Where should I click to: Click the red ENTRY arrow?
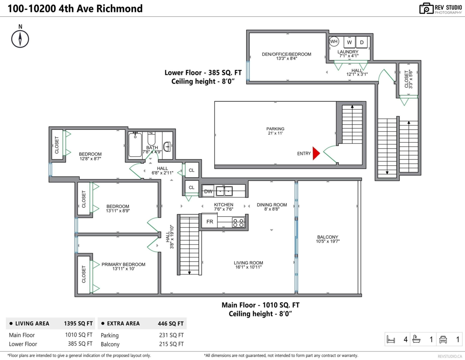[316, 153]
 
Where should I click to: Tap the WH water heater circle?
[334, 41]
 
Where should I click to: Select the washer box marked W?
[350, 42]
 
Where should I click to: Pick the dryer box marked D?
[362, 42]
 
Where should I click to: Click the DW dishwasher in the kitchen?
[208, 191]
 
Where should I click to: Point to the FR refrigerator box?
[210, 221]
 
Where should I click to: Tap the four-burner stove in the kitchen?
[238, 222]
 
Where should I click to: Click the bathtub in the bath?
[135, 145]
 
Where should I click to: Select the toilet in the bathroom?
[152, 139]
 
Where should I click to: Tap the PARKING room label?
[275, 129]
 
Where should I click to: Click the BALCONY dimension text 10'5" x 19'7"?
[327, 241]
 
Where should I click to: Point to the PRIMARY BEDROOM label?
[123, 264]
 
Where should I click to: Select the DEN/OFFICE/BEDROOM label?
[286, 54]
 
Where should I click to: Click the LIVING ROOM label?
[248, 263]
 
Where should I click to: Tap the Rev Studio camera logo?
[426, 9]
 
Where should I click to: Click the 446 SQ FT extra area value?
[170, 324]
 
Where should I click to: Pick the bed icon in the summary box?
[391, 339]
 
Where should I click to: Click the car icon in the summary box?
[443, 339]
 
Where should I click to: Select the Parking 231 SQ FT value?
[171, 335]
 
